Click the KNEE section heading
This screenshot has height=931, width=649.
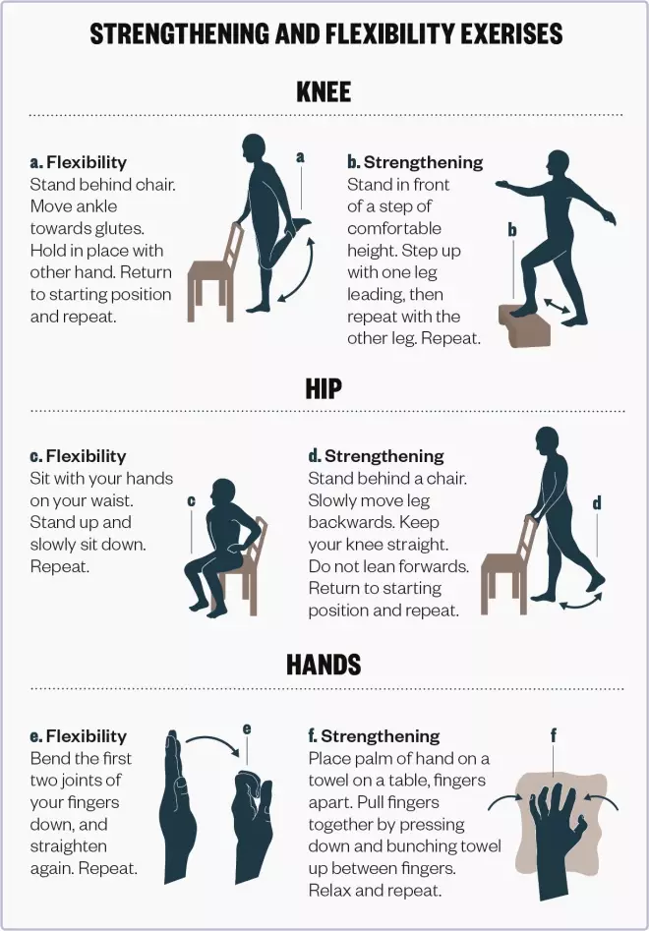click(x=324, y=92)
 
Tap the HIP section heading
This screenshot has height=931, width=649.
click(x=324, y=389)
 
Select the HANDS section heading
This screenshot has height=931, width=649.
click(x=324, y=665)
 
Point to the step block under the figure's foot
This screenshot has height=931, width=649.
click(x=524, y=323)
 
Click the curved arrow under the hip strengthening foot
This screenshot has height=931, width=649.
click(x=582, y=601)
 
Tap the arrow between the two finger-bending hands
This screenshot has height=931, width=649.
click(x=213, y=744)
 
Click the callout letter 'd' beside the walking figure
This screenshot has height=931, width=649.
click(x=597, y=503)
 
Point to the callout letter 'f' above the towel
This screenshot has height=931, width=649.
click(x=554, y=736)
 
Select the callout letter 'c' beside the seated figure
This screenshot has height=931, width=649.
click(x=191, y=501)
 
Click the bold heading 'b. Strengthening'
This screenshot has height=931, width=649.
click(x=415, y=162)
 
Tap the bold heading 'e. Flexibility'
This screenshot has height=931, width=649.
click(x=79, y=736)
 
